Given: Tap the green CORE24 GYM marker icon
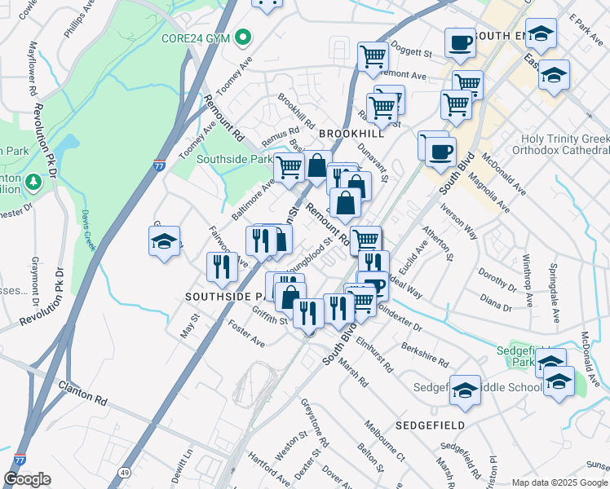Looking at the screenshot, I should tap(243, 37).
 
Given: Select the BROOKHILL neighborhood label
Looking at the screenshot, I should tap(351, 133).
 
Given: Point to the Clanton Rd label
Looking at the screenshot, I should tap(82, 390).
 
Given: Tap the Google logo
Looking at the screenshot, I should tap(27, 479).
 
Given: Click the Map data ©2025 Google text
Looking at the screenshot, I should tap(559, 482).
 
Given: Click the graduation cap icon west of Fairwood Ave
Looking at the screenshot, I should tap(164, 241).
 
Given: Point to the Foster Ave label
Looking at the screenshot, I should tap(247, 337).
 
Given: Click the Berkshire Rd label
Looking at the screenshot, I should tap(425, 353).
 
